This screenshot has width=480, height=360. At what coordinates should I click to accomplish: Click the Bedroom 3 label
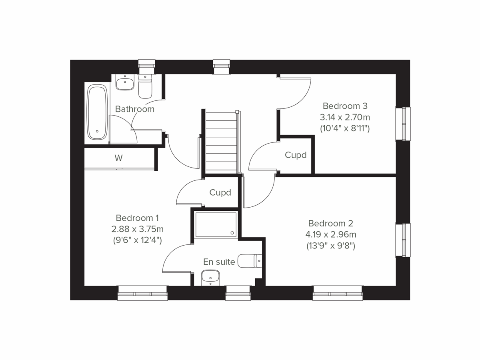point(345,106)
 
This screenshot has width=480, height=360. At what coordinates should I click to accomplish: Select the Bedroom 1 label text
point(137,218)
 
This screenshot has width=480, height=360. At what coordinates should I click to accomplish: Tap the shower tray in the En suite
point(216,225)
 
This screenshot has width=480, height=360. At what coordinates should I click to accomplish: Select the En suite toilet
point(250,261)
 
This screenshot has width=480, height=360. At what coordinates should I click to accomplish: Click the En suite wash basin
point(210,277)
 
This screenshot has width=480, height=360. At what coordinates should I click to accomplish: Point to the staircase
point(221,142)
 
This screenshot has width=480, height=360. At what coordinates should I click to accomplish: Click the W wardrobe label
point(118,158)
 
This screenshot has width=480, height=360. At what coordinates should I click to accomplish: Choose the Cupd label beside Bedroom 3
point(296,155)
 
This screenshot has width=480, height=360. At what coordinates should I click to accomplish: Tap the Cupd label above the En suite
point(220,193)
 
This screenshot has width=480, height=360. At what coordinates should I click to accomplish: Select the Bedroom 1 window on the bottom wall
point(142,293)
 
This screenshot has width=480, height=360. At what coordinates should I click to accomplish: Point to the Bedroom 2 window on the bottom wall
point(338,293)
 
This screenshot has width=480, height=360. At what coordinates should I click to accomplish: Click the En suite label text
point(219,262)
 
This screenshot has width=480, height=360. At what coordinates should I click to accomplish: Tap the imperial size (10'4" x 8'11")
point(345,129)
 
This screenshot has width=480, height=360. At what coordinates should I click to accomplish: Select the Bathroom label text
point(134,109)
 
